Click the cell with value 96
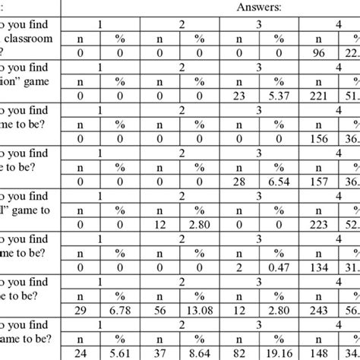(x=320, y=52)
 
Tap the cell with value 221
(x=320, y=95)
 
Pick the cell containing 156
(x=320, y=137)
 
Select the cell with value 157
(x=320, y=181)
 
